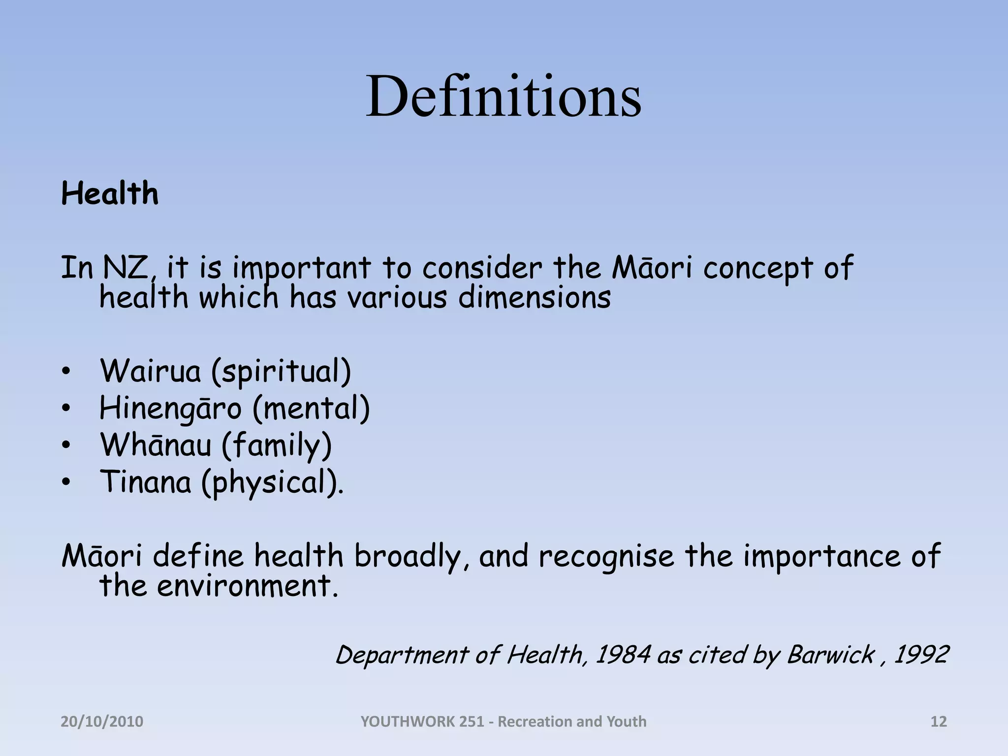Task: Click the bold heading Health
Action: [110, 193]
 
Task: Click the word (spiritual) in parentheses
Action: [281, 372]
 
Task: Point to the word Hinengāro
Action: [171, 409]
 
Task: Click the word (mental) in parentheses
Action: [311, 409]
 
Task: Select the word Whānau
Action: [156, 445]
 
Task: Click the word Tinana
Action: [146, 482]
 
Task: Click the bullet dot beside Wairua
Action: [66, 373]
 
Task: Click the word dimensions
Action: [535, 298]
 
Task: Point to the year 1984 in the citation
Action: [623, 655]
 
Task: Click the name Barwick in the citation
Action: [830, 655]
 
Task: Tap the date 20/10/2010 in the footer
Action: [102, 722]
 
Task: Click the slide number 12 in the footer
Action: [939, 722]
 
